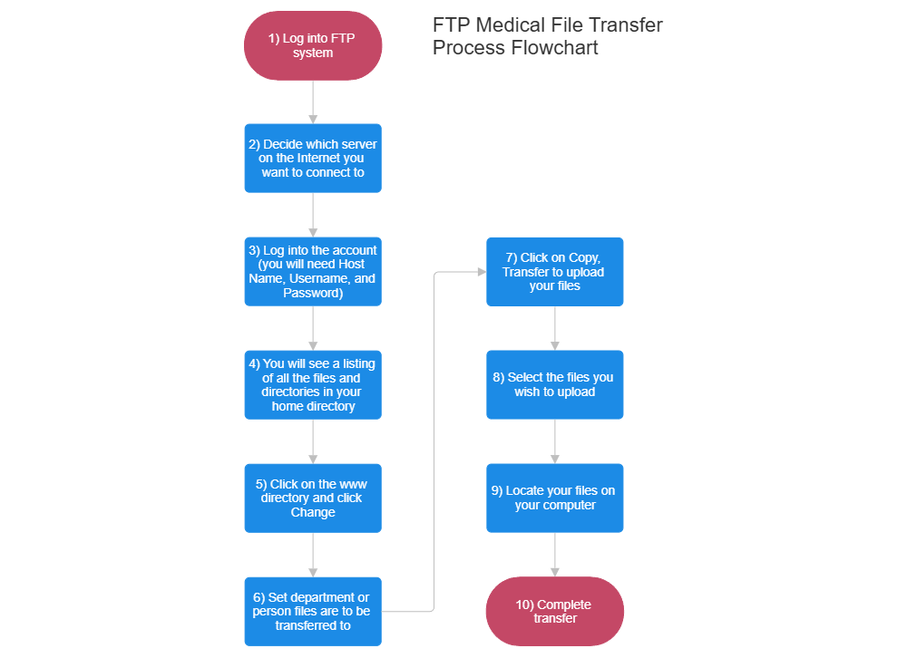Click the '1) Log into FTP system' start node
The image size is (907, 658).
point(313,45)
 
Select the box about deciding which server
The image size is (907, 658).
point(313,158)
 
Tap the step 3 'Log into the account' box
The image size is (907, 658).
point(313,271)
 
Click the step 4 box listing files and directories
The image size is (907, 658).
point(313,384)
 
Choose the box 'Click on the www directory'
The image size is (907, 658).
point(313,498)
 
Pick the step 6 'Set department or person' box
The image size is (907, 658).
point(313,611)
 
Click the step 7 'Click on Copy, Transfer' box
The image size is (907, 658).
point(554,271)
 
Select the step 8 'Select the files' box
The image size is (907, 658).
point(554,384)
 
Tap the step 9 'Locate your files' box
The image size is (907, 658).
point(554,498)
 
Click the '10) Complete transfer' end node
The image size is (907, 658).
point(554,611)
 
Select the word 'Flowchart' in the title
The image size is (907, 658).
point(555,48)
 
